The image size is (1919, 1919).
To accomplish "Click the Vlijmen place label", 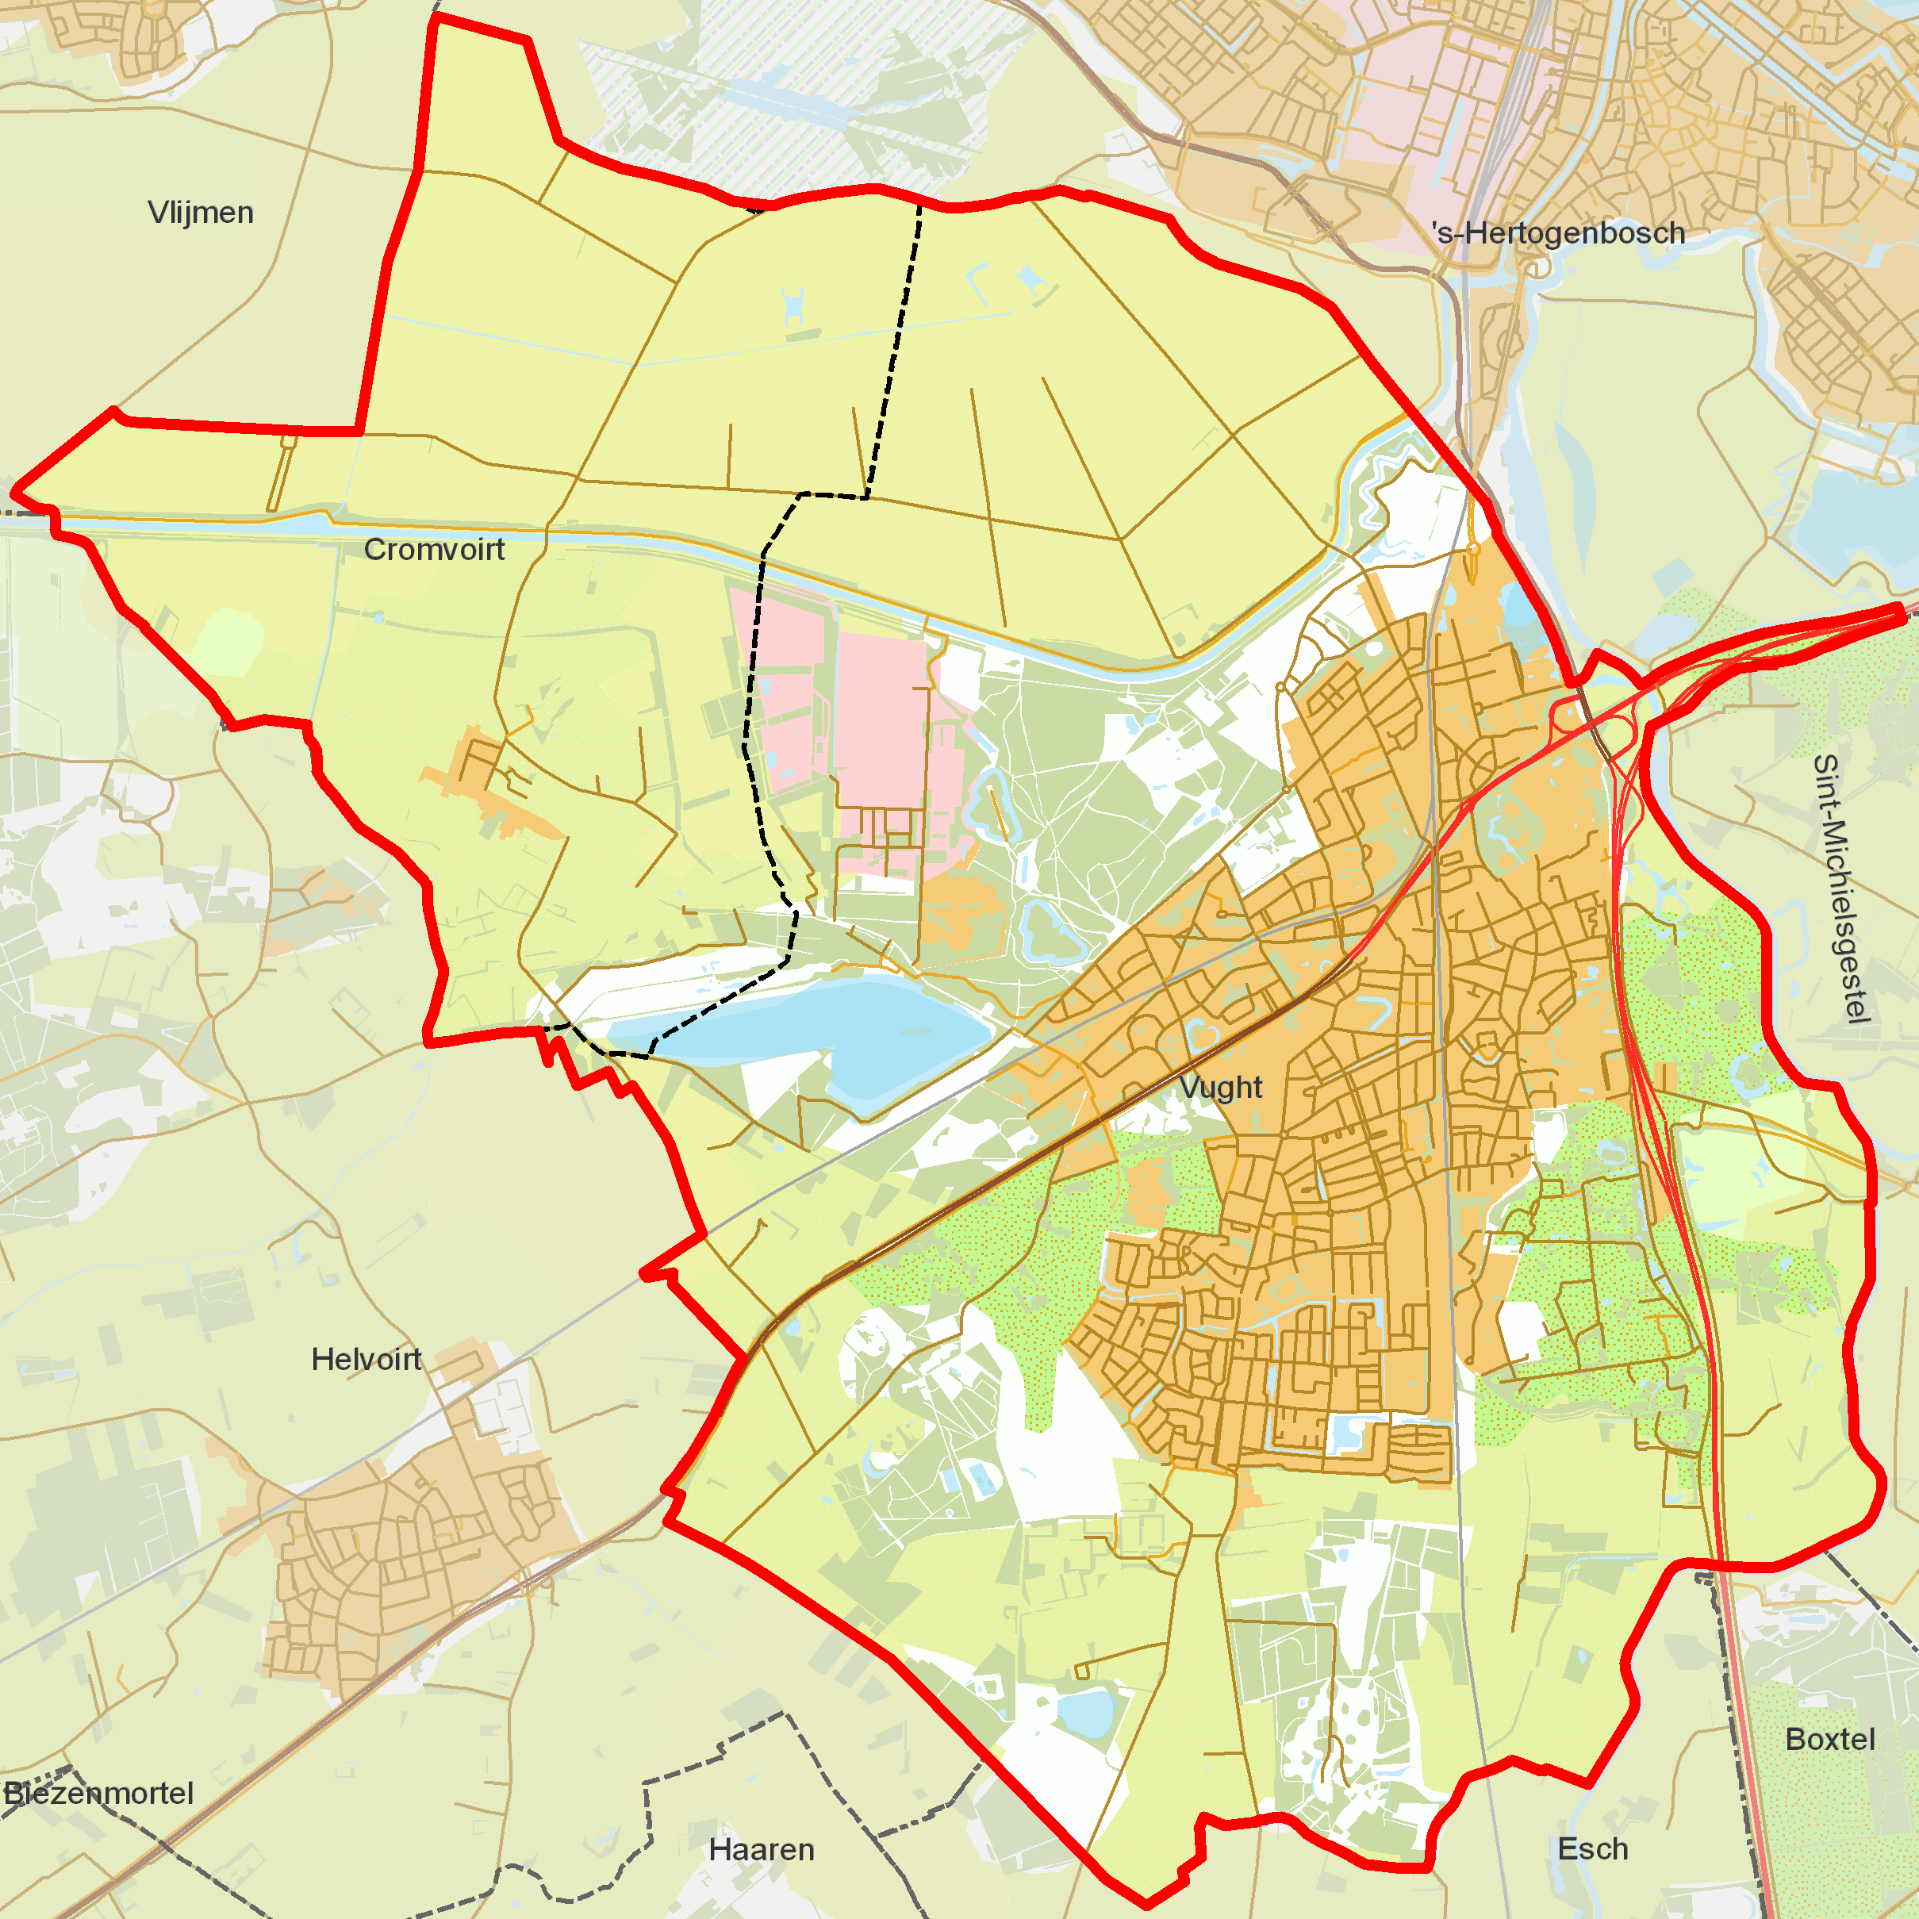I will [201, 213].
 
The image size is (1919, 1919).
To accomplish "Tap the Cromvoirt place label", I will [434, 549].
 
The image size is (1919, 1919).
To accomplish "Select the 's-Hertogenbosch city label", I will [1558, 233].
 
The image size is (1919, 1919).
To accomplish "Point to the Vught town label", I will [1221, 1088].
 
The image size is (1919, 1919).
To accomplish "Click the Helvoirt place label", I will [367, 1359].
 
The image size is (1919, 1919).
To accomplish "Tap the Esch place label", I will [1593, 1848].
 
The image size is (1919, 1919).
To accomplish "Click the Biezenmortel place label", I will [98, 1793].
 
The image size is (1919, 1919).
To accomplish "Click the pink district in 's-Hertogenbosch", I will [1410, 109].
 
